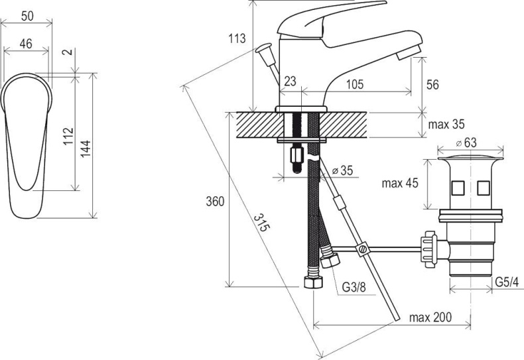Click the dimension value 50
click(27, 16)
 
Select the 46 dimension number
click(26, 43)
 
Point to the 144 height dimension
click(86, 149)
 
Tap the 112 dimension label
click(68, 136)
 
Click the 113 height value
click(237, 38)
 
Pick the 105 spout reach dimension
click(355, 84)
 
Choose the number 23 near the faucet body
click(290, 81)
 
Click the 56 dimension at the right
click(432, 84)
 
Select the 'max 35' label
click(446, 124)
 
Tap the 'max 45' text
click(400, 183)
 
